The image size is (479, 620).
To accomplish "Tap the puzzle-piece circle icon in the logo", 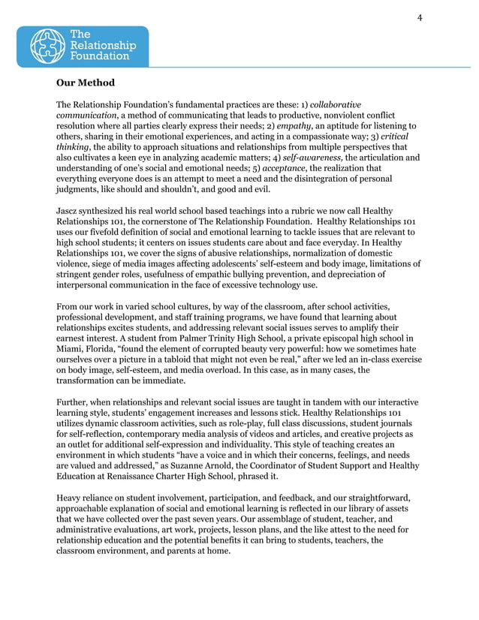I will tap(47, 46).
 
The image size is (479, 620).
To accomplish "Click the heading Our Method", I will tap(86, 83).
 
